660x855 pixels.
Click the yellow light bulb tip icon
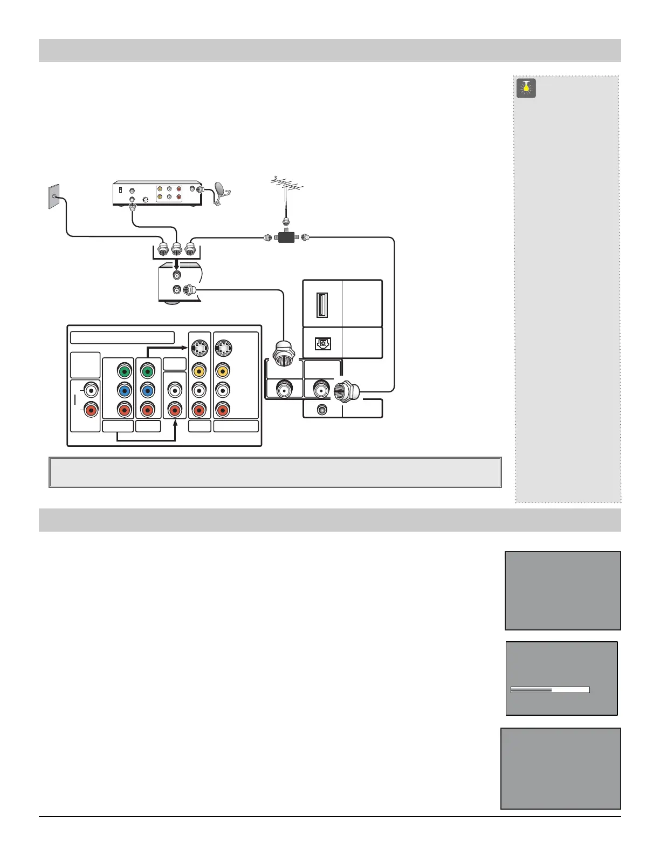coord(526,88)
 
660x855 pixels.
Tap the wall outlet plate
coord(53,197)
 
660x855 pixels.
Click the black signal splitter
coord(286,236)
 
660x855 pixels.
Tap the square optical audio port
coord(322,343)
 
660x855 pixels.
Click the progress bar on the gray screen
coord(549,690)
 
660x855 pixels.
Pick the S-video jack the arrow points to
coord(199,348)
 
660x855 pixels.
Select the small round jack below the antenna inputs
coord(322,410)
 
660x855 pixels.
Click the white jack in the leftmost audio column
coord(91,390)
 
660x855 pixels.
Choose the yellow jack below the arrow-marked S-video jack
coord(199,370)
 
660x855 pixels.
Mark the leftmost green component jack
coord(125,371)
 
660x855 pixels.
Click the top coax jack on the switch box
coord(176,275)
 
